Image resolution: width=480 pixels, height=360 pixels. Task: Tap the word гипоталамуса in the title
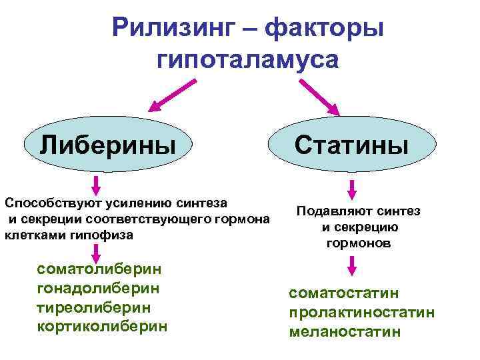tap(248, 60)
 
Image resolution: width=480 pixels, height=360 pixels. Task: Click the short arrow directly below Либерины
tap(97, 184)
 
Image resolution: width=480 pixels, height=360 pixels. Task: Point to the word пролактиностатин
tap(362, 312)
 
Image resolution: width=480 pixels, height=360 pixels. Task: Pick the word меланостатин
tap(345, 331)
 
